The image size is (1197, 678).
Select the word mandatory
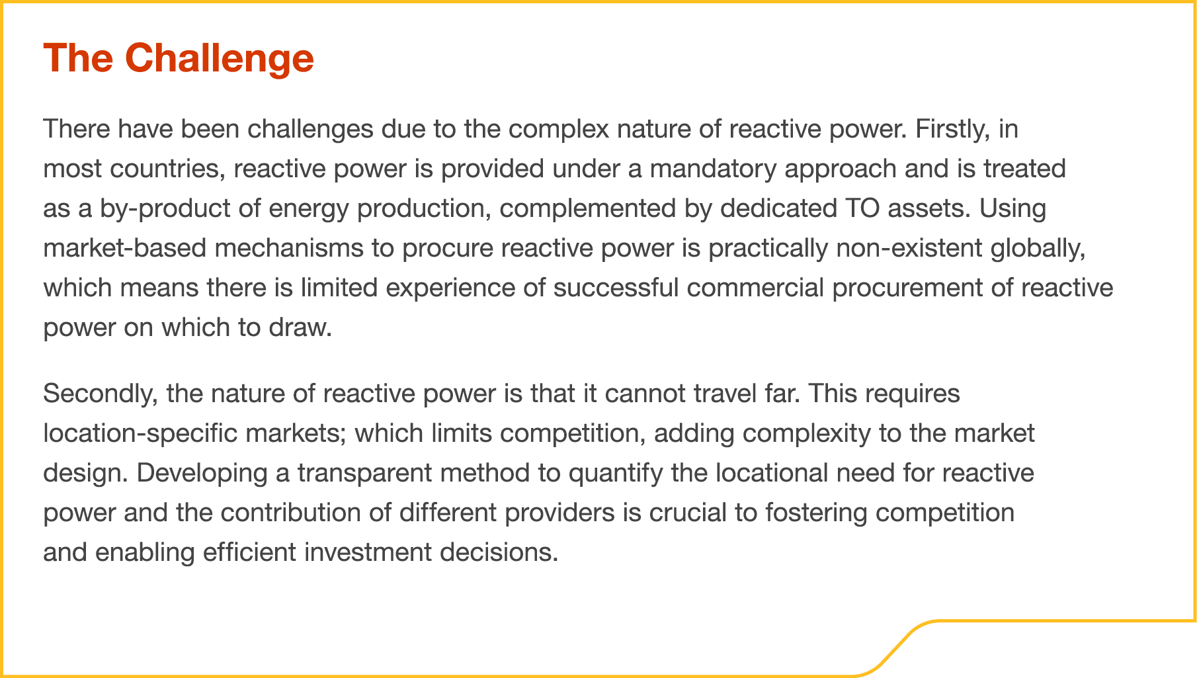click(x=713, y=169)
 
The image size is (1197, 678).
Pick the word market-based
click(x=125, y=248)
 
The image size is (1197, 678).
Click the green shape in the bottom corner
click(x=1058, y=652)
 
